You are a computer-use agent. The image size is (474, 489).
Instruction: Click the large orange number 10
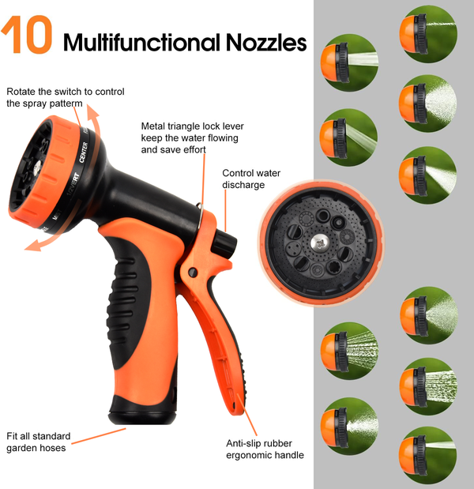(27, 35)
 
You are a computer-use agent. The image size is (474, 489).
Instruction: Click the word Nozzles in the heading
(266, 42)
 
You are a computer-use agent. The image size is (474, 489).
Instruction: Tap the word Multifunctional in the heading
(142, 42)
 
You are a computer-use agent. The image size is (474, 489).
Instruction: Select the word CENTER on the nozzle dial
(83, 152)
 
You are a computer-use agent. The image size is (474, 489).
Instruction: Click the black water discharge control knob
(225, 243)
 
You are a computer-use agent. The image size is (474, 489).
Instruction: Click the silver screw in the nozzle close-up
(318, 243)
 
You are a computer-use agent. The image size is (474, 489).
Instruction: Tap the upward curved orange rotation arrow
(93, 120)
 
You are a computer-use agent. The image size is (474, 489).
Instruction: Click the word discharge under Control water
(243, 185)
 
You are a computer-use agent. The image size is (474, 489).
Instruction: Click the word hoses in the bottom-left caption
(55, 448)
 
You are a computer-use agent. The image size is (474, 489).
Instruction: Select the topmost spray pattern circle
(428, 34)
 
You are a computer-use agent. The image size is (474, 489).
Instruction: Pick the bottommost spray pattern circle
(428, 455)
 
